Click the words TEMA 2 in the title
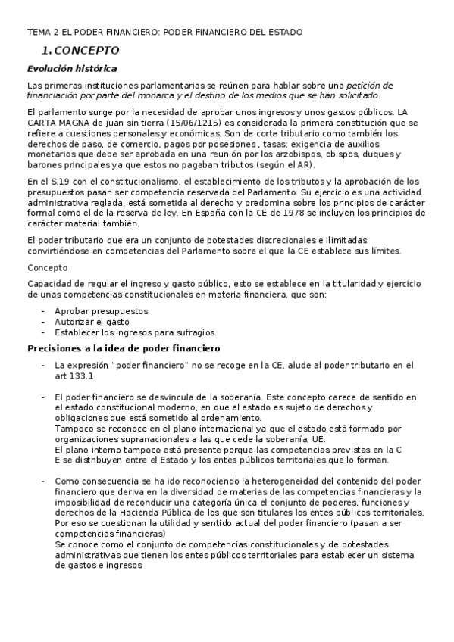click(45, 32)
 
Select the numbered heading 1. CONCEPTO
click(80, 51)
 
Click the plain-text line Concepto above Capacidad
click(47, 267)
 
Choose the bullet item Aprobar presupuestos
click(101, 311)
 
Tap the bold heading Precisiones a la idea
click(124, 348)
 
